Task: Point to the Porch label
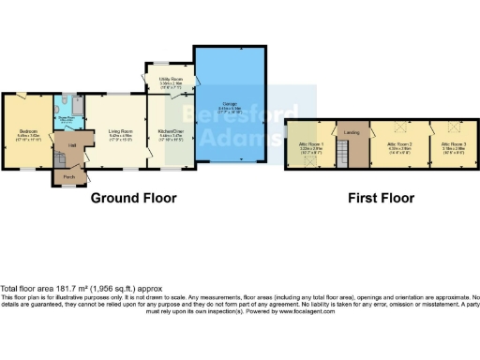click(x=67, y=176)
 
